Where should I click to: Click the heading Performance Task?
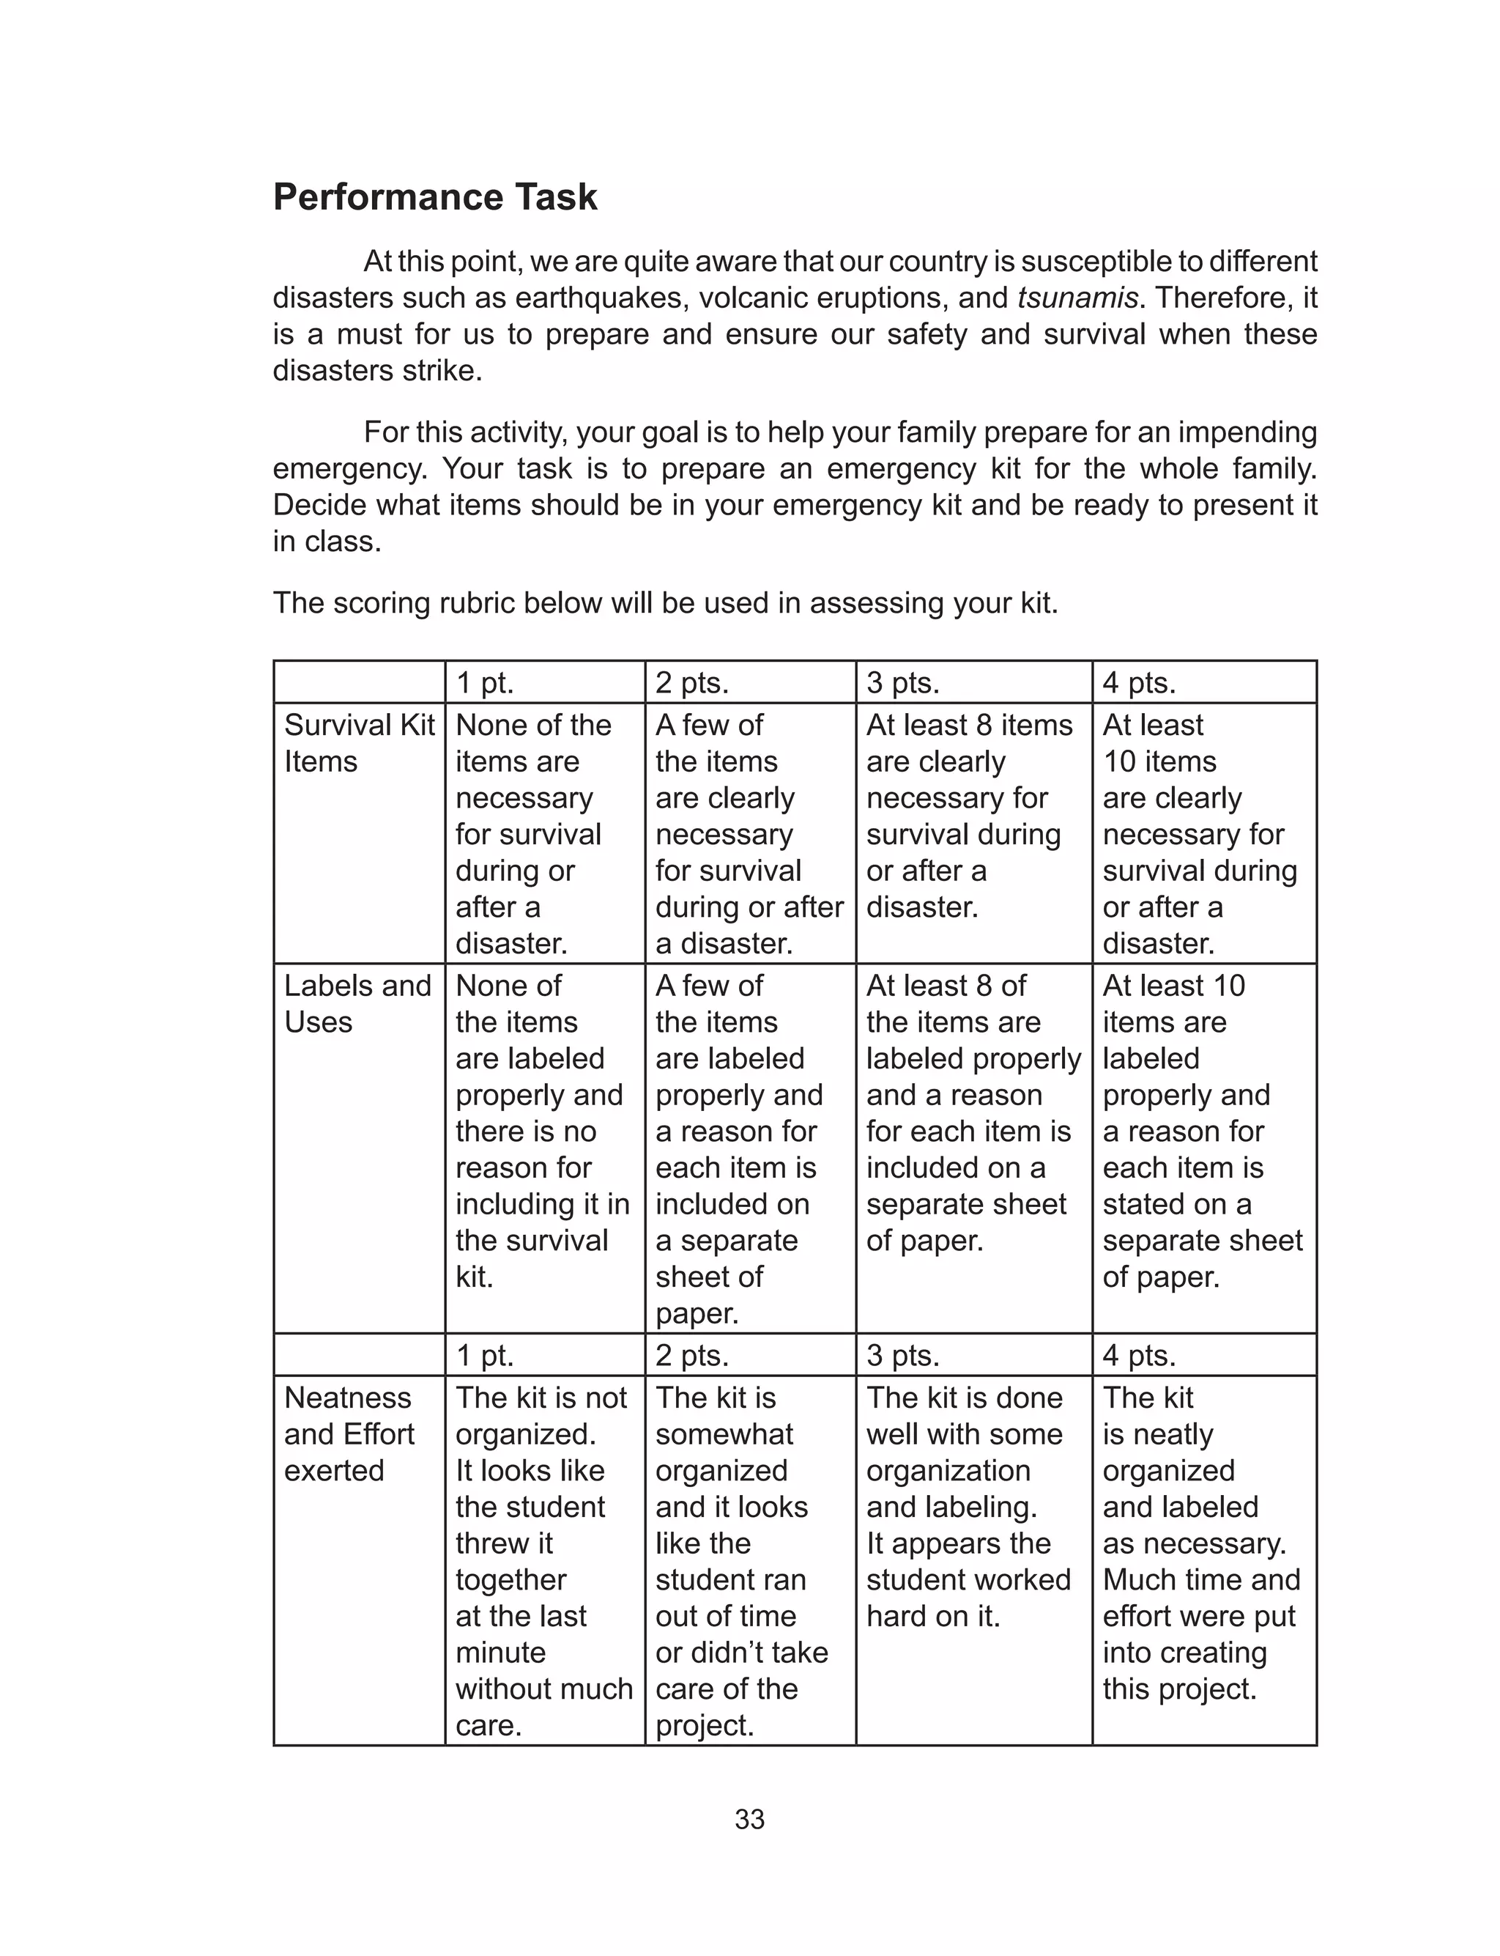coord(435,197)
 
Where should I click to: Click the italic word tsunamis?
coord(1077,298)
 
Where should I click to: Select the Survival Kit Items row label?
coord(359,743)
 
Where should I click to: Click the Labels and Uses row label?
coord(357,1004)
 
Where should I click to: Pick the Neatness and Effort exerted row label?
coord(349,1433)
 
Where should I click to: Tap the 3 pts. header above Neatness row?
coord(902,1356)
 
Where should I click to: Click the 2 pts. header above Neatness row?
coord(692,1356)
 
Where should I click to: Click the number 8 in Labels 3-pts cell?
coord(983,986)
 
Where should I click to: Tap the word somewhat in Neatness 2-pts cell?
coord(724,1434)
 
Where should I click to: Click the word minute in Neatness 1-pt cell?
coord(500,1653)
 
